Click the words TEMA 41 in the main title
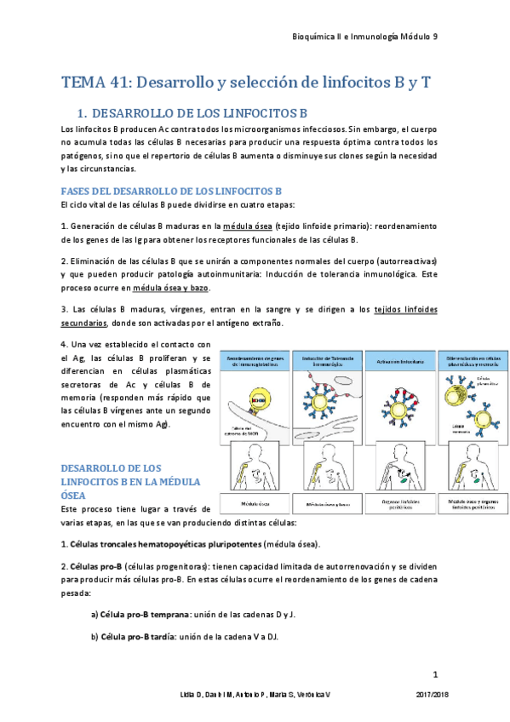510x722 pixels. coord(95,83)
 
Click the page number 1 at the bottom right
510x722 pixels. coord(435,675)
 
